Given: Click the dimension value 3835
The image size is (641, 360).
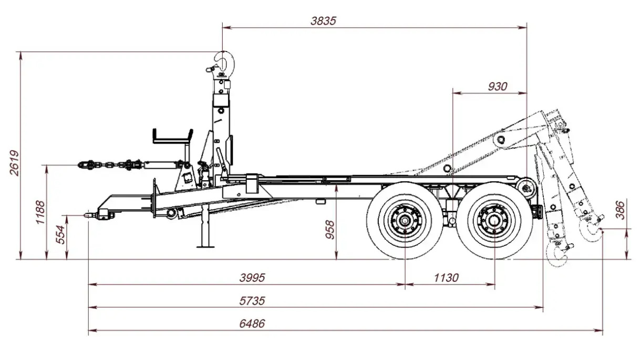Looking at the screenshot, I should pos(323,21).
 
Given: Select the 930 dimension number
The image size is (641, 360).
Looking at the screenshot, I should pos(498,87).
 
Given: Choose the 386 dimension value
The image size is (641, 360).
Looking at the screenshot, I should pos(621,210).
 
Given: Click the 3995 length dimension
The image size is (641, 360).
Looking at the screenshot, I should pos(252,277).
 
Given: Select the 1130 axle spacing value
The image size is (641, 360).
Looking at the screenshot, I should pos(446,277).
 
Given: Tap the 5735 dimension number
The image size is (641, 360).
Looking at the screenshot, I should pos(252,301).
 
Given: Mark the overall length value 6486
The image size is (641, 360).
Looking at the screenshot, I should pos(252,324).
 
